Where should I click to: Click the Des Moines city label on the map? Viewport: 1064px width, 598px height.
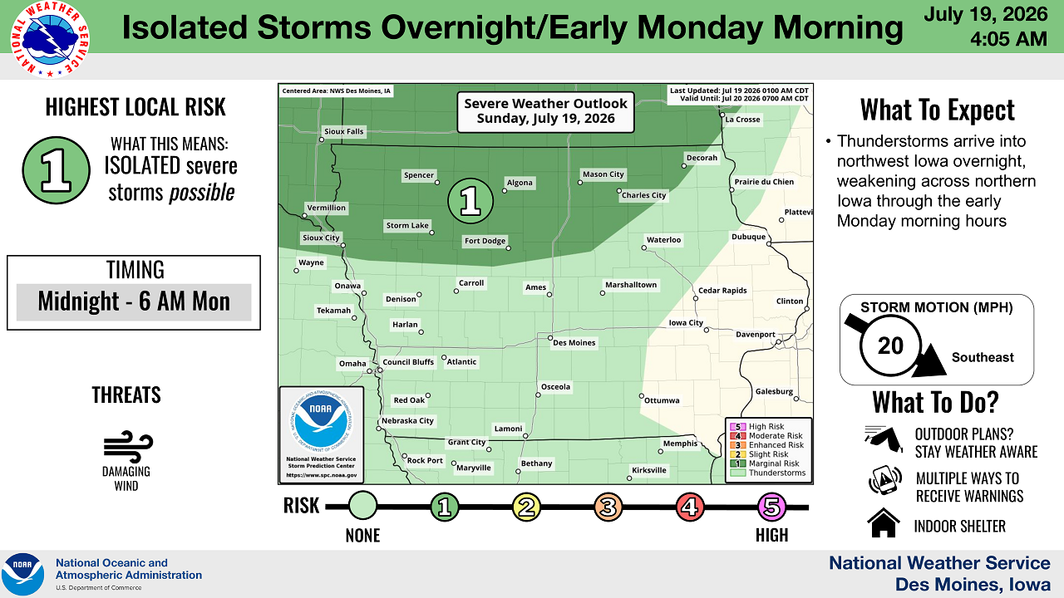[574, 343]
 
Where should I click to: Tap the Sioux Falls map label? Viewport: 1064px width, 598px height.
[343, 131]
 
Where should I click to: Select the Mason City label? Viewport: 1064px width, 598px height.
[603, 174]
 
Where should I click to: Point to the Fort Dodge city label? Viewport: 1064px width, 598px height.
[485, 241]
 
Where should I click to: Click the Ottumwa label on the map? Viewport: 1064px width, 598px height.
[662, 400]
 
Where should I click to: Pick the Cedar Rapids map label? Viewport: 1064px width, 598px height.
[722, 291]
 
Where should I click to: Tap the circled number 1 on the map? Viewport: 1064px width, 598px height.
[470, 201]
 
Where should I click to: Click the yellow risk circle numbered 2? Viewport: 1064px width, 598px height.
[526, 507]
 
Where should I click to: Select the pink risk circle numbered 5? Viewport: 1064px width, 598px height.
[771, 507]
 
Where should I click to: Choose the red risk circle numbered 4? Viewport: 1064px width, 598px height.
[690, 507]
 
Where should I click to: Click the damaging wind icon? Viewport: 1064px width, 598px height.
[128, 447]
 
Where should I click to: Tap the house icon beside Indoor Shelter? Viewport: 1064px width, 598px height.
[884, 522]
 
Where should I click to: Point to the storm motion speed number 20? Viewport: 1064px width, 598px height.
[890, 346]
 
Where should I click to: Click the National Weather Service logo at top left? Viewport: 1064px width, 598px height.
[50, 39]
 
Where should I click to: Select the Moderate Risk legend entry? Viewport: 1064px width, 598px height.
[766, 436]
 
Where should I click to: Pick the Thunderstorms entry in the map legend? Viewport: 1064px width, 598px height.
[768, 473]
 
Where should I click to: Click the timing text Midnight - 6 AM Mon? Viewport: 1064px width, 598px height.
[134, 301]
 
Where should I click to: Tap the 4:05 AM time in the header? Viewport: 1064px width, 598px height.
[1008, 39]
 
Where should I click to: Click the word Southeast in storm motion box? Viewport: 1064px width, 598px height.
[983, 357]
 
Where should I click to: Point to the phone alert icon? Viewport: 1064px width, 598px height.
[885, 480]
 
